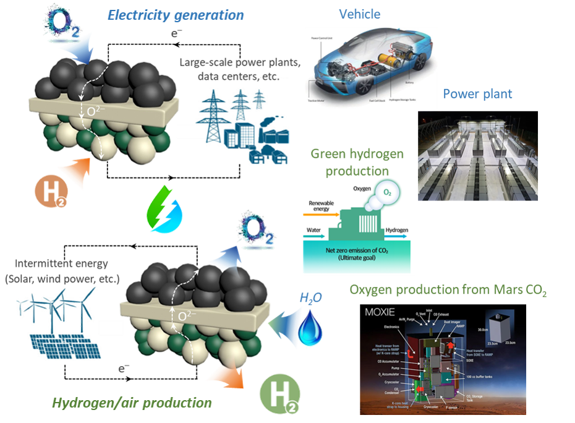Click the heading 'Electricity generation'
176,14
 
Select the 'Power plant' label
477,94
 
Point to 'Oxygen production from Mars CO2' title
448,291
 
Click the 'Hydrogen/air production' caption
132,403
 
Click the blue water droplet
307,328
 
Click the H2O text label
310,299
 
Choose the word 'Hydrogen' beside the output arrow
397,231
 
